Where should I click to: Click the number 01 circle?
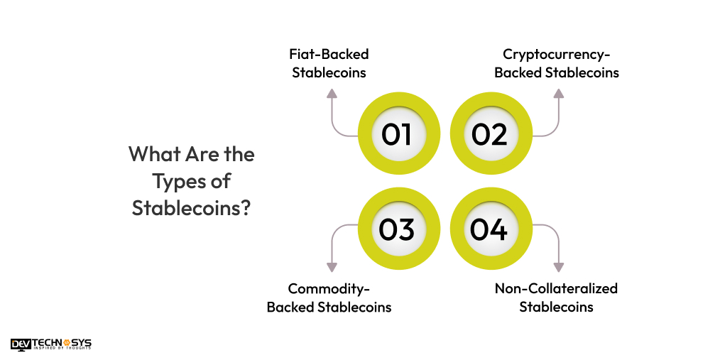[x=396, y=134]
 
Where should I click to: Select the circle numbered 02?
[x=489, y=134]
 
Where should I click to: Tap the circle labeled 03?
[x=396, y=229]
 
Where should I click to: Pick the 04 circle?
[x=489, y=229]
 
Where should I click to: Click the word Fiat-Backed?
[x=329, y=54]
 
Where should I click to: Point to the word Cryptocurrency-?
[x=557, y=54]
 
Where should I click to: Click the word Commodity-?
[x=329, y=288]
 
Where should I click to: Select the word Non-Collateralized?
[x=556, y=288]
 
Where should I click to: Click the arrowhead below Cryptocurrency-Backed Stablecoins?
[x=558, y=94]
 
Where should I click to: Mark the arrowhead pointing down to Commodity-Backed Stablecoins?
[x=332, y=267]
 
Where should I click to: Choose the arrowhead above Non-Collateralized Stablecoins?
[x=558, y=267]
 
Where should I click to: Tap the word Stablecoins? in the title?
[x=191, y=209]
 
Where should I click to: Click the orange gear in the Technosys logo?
[x=67, y=342]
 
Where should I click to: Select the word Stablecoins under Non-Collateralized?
[x=556, y=307]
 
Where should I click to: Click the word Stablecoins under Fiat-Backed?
[x=329, y=72]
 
